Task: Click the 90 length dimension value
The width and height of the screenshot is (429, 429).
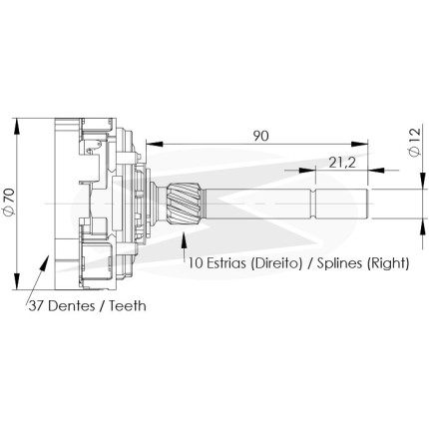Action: (260, 136)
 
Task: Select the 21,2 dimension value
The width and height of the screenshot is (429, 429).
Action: (342, 163)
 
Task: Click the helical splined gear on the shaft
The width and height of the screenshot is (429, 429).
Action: (185, 204)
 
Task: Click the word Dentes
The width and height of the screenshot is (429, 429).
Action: (71, 305)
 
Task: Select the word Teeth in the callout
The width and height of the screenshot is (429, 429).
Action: (128, 305)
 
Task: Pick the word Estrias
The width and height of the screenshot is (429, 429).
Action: (226, 263)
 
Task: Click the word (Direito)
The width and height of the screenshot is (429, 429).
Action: (276, 263)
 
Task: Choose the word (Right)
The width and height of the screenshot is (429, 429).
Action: (388, 263)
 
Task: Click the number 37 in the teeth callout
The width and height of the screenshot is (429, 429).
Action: (36, 305)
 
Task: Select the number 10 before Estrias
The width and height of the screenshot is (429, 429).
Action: (197, 263)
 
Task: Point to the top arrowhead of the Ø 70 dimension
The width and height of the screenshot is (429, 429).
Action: (17, 126)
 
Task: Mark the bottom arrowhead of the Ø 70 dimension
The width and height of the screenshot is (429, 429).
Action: (17, 281)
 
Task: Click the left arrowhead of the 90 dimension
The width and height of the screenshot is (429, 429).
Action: (154, 144)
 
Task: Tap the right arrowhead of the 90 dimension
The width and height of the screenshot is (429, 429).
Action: (360, 144)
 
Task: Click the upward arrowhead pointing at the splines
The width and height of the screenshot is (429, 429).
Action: (183, 240)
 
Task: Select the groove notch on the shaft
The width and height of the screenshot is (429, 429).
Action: (312, 204)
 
